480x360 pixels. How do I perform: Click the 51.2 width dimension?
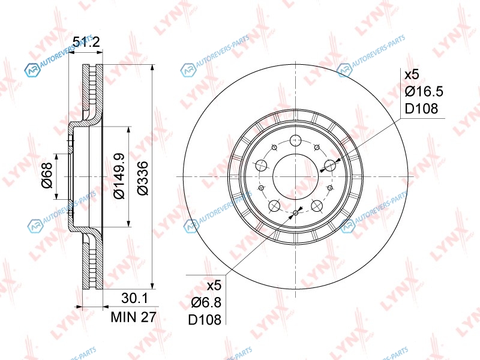click(86, 41)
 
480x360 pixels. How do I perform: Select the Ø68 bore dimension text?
click(47, 175)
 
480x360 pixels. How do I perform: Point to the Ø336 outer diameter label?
click(143, 178)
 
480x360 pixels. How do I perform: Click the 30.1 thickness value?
click(134, 298)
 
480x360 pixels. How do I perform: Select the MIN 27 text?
click(133, 317)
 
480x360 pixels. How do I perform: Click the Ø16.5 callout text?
click(424, 92)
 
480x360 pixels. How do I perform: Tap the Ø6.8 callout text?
click(206, 303)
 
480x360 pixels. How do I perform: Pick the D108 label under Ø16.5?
click(421, 109)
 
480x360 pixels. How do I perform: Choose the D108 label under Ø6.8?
click(205, 320)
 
